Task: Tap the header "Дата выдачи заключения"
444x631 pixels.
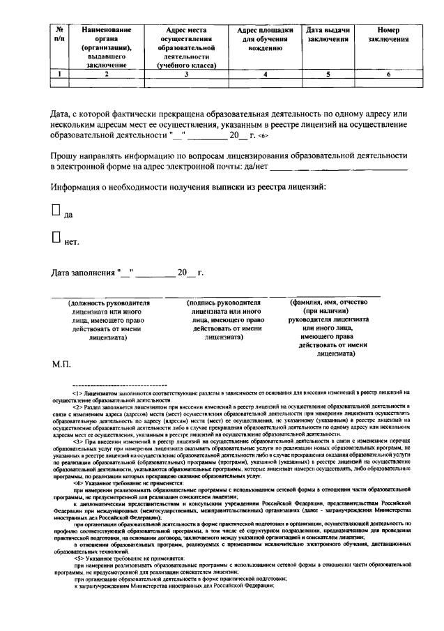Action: pyautogui.click(x=328, y=35)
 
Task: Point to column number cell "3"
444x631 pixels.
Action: pyautogui.click(x=185, y=73)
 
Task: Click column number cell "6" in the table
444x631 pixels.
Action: pyautogui.click(x=388, y=73)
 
